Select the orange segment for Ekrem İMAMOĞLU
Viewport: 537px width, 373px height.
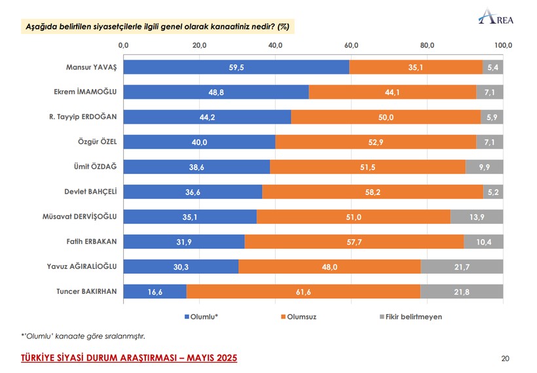coord(392,92)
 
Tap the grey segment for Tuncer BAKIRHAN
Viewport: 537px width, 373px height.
coord(462,291)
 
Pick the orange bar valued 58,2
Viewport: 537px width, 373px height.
coord(373,192)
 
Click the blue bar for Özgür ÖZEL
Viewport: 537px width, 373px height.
coord(199,142)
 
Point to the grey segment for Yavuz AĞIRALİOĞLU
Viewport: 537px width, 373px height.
coord(462,266)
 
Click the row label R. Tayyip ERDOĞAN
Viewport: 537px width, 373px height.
coord(83,117)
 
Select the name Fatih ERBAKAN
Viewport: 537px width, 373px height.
coord(91,241)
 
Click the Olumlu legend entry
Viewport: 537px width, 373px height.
coord(203,317)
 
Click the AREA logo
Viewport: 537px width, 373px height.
coord(496,17)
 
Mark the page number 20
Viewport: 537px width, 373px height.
coord(505,358)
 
